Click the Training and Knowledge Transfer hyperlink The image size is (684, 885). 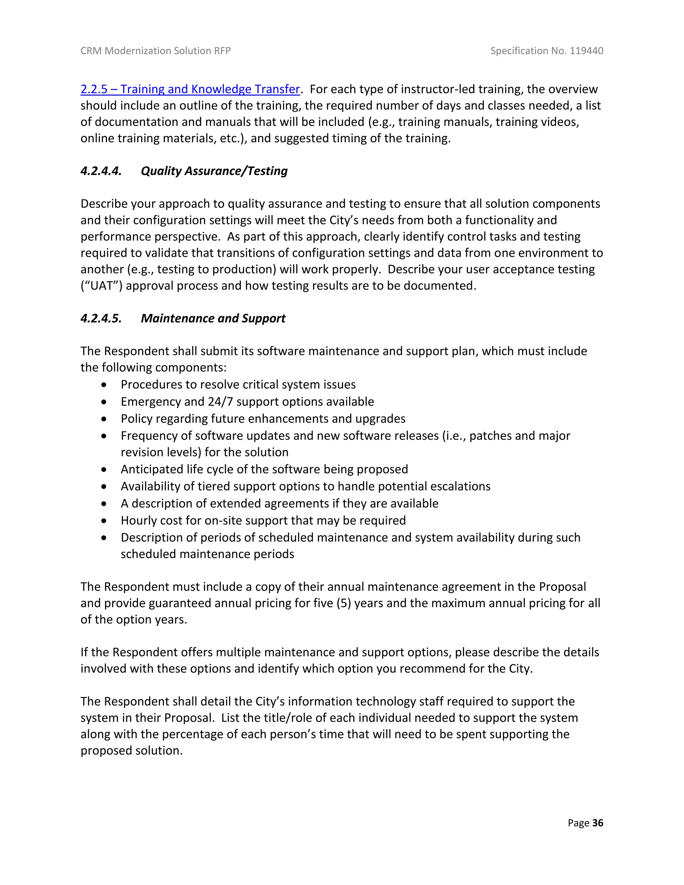tap(190, 89)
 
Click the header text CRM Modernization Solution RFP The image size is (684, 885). tap(156, 51)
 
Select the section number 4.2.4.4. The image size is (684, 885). tap(101, 171)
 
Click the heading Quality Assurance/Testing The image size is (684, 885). tap(214, 171)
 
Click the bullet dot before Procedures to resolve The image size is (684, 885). tap(104, 384)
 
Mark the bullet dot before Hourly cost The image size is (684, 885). tap(104, 521)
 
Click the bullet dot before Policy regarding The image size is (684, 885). tap(104, 418)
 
